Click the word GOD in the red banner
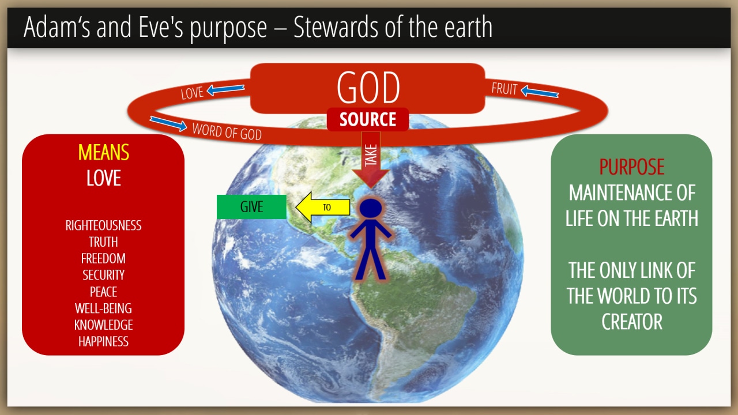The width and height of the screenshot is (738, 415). [368, 88]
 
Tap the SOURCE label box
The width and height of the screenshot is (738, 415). [368, 119]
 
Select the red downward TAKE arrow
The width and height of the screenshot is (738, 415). [371, 160]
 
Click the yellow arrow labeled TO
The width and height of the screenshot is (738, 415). [322, 207]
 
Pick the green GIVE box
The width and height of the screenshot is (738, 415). [251, 207]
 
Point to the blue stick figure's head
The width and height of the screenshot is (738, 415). [371, 208]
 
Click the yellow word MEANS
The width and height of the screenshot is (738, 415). [103, 153]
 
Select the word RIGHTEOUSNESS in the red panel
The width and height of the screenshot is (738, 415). [103, 225]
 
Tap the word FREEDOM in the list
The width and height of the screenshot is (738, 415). [103, 259]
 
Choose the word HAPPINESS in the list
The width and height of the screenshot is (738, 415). [103, 342]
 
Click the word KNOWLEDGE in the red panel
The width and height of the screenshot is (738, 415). [103, 325]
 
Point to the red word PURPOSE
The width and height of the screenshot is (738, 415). [631, 167]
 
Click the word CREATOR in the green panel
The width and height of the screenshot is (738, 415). [631, 322]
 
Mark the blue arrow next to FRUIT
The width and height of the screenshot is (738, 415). [540, 92]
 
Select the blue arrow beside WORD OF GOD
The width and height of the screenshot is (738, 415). [168, 124]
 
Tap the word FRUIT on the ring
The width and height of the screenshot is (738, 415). [504, 89]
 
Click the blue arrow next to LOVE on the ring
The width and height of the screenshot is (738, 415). [225, 89]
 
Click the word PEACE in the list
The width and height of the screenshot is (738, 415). [103, 292]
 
